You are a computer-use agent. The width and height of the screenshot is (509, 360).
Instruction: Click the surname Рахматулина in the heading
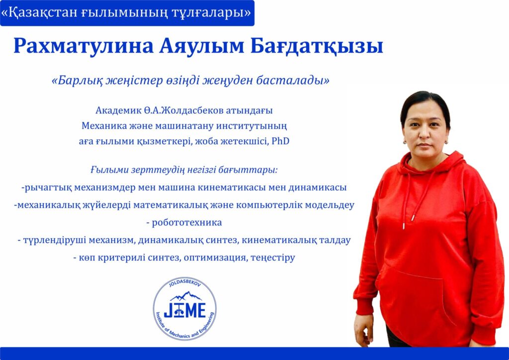(84, 46)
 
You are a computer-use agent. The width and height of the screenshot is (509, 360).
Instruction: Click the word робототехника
(187, 223)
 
